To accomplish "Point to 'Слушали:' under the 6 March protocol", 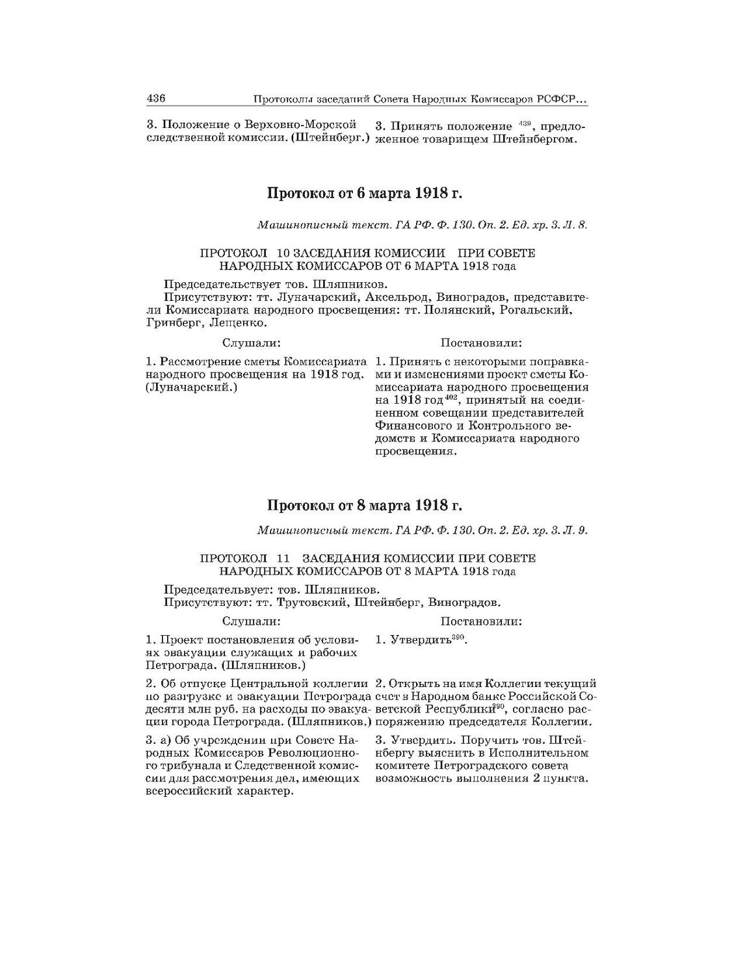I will click(x=251, y=343).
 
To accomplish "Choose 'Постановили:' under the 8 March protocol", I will click(x=481, y=621).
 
